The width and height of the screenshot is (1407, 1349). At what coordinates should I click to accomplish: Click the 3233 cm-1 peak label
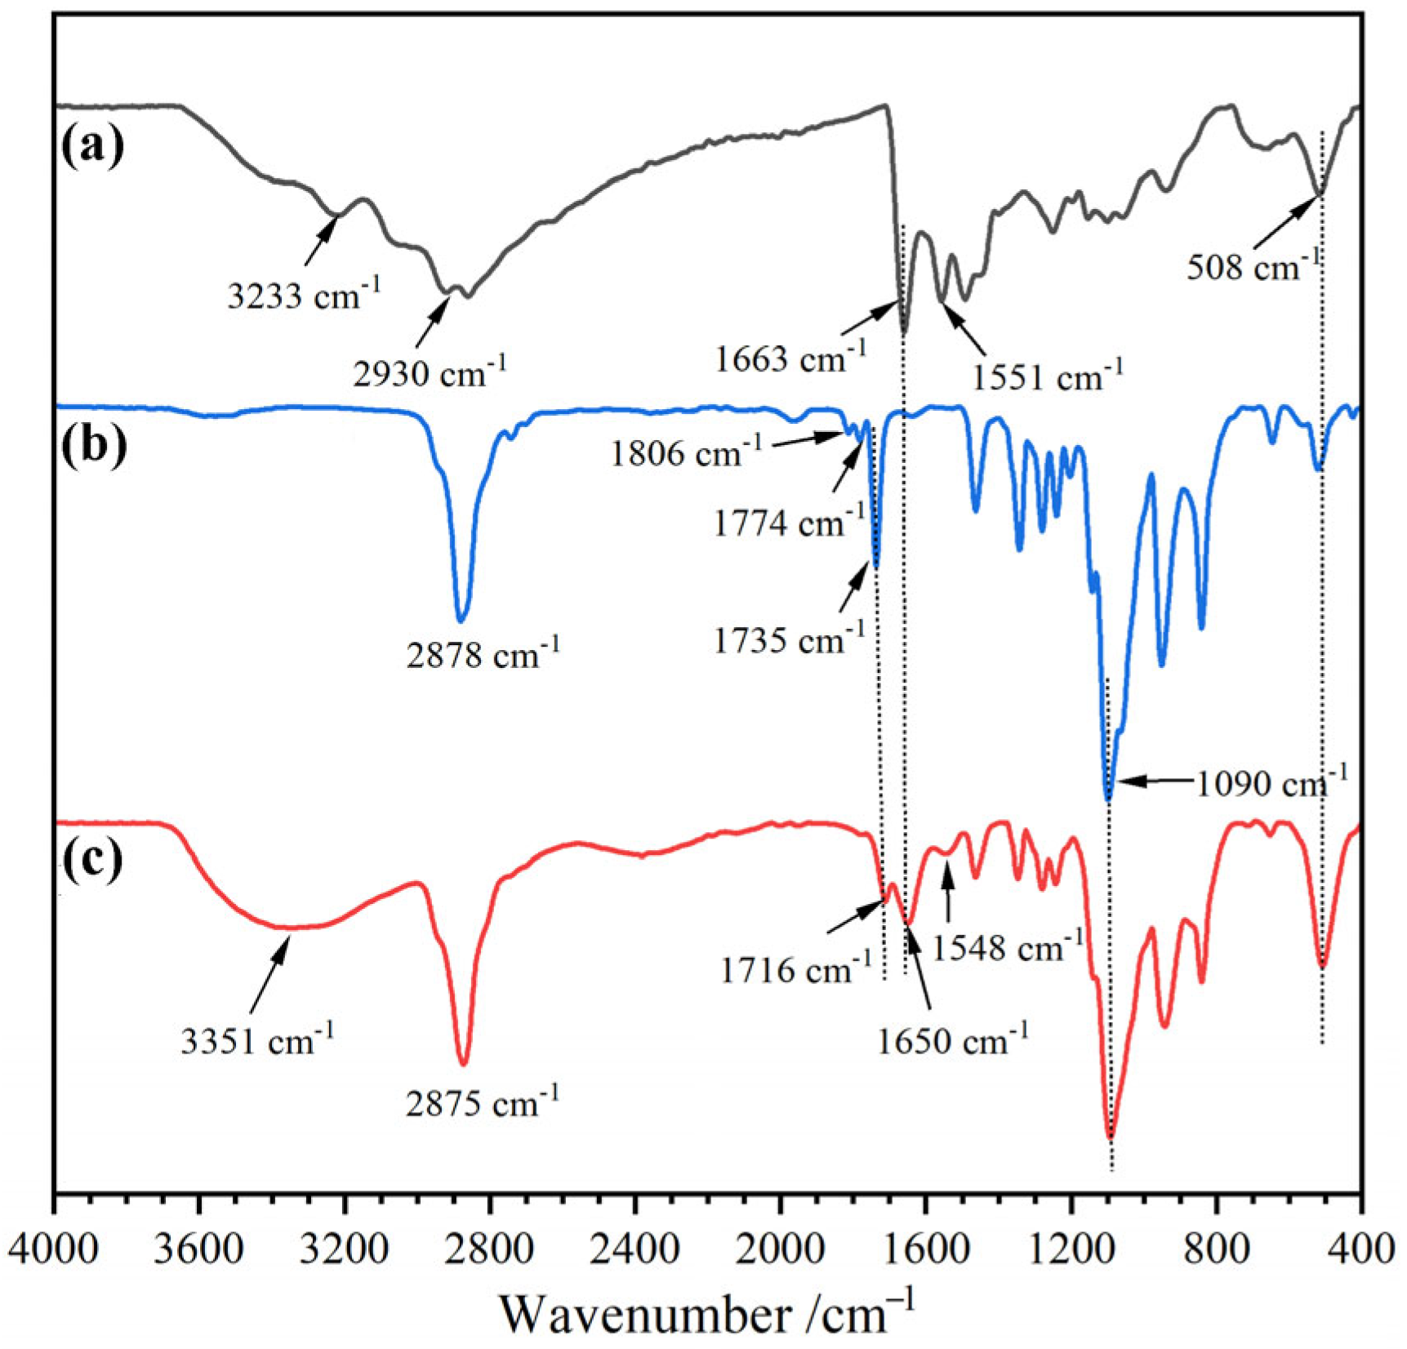point(304,294)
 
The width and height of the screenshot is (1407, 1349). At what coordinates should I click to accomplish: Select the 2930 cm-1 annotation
point(430,372)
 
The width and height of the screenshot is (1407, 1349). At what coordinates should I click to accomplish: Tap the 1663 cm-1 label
point(790,358)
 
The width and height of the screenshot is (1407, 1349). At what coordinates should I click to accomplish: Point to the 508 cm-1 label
point(1253,266)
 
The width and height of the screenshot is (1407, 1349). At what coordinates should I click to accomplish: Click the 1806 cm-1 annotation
point(686,452)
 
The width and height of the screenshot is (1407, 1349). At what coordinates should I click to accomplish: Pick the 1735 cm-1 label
point(789,639)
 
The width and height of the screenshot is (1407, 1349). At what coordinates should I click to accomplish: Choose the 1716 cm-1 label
point(796,969)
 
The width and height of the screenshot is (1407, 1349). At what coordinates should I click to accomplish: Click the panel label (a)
point(93,147)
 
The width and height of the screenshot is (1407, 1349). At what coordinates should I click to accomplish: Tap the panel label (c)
point(92,860)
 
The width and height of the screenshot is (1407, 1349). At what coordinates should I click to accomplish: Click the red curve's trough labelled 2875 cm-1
point(464,1062)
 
